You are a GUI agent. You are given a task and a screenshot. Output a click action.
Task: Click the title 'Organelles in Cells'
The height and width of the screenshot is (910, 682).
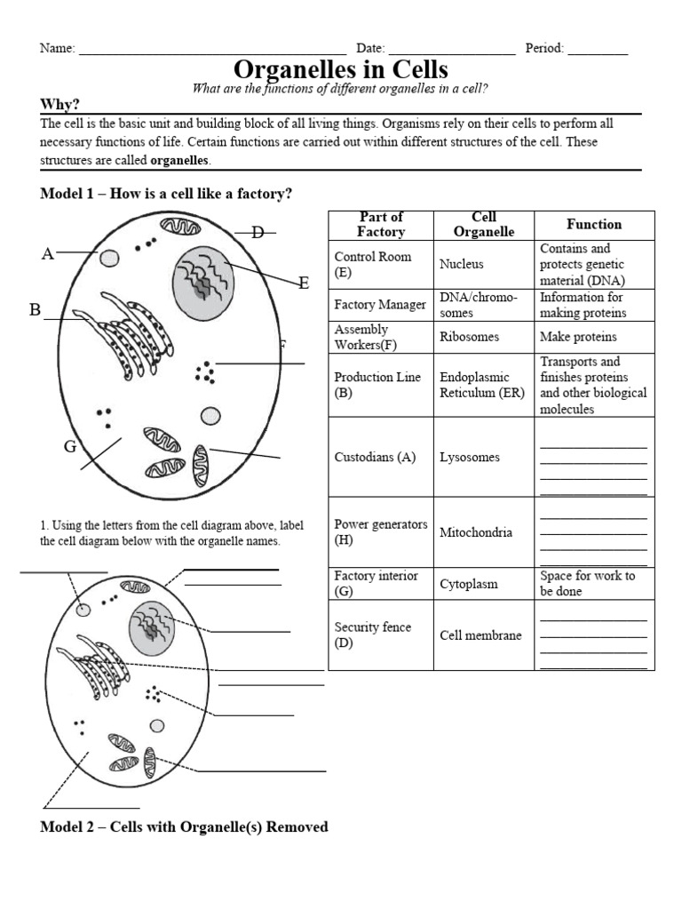pos(340,69)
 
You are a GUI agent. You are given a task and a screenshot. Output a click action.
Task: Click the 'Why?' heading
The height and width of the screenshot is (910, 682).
pos(60,105)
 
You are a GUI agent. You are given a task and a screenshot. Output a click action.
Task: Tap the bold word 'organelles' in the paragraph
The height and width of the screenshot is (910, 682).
pos(180,161)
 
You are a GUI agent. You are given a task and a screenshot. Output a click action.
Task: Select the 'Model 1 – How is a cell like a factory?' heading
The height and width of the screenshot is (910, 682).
pos(166,194)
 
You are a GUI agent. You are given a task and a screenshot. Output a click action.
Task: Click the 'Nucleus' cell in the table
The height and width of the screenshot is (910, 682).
pos(461,264)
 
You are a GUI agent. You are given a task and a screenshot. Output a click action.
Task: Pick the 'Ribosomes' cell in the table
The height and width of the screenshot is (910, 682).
pos(469,337)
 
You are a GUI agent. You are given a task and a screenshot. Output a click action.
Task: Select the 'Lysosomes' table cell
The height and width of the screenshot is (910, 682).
pos(469,458)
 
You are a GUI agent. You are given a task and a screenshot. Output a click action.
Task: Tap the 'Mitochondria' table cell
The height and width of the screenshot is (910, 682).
pos(475,532)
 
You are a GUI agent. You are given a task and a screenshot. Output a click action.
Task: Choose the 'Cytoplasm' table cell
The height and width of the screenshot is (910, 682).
pos(469,584)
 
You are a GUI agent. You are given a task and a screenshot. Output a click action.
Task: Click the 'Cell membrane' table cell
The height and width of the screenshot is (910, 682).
pos(480,635)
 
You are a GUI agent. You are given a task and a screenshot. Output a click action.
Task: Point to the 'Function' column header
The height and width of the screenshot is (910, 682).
pos(594,225)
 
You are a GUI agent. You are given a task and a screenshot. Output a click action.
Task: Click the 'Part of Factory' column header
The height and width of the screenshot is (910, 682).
pos(381,225)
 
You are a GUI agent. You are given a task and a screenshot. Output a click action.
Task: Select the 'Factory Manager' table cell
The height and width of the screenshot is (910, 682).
pos(380,305)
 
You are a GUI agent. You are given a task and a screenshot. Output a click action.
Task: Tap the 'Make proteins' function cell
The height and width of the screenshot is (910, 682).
pos(578,337)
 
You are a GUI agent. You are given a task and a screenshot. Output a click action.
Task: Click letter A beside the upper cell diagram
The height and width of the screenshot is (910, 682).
pos(48,255)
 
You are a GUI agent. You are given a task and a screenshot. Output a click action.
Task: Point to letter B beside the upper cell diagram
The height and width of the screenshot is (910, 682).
pos(36,310)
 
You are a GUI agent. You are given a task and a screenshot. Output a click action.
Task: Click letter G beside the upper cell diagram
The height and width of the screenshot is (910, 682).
pos(69,446)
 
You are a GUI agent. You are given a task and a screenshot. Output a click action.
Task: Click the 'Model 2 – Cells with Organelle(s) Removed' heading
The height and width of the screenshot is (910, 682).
pos(184,827)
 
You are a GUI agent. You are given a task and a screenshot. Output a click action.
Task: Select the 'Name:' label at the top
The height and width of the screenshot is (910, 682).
pos(58,49)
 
